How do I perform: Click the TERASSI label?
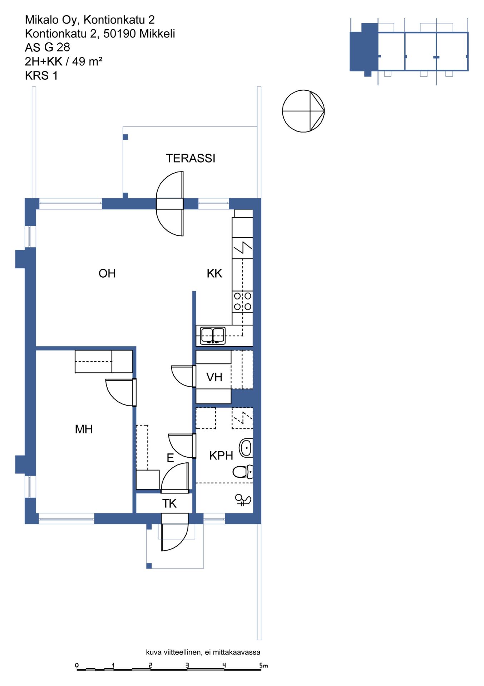pyautogui.click(x=191, y=158)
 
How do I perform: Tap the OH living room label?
pyautogui.click(x=107, y=273)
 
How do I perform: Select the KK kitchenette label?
pyautogui.click(x=214, y=273)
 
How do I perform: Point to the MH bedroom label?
pyautogui.click(x=84, y=429)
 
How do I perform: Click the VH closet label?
pyautogui.click(x=214, y=377)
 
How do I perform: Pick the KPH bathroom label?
pyautogui.click(x=221, y=456)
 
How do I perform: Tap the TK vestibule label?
pyautogui.click(x=169, y=503)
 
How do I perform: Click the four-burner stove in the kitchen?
pyautogui.click(x=242, y=301)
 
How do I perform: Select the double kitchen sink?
pyautogui.click(x=213, y=335)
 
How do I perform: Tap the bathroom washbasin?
pyautogui.click(x=246, y=448)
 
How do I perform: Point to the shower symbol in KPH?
pyautogui.click(x=243, y=500)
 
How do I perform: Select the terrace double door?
pyautogui.click(x=170, y=204)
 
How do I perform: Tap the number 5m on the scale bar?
pyautogui.click(x=264, y=665)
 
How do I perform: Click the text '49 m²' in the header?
pyautogui.click(x=87, y=61)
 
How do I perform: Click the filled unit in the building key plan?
pyautogui.click(x=364, y=50)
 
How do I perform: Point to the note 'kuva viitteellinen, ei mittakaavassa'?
pyautogui.click(x=203, y=652)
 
